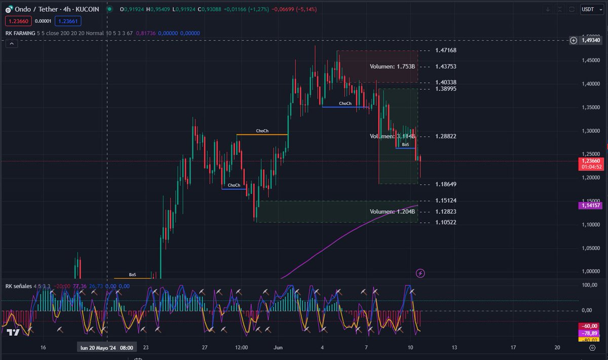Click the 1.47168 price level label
(446, 50)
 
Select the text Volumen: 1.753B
(392, 66)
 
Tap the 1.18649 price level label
(446, 184)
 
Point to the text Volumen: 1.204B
(392, 211)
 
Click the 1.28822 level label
(446, 136)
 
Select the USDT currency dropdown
(589, 9)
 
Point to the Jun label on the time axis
(278, 347)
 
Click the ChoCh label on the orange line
(262, 131)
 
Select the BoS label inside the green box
(405, 145)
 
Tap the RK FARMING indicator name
(20, 33)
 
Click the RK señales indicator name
(18, 286)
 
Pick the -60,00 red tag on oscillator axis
(589, 326)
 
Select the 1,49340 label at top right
(591, 40)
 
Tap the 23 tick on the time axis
(146, 347)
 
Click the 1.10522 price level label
(446, 223)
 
